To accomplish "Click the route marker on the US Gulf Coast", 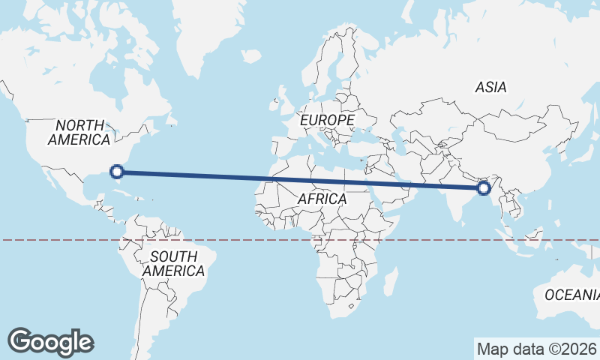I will point(117,172).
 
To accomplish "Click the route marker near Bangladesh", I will point(484,187).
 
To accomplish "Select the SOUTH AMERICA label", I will point(174,263).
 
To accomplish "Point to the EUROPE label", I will point(326,120).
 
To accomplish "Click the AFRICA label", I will point(322,199).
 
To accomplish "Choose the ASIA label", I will point(490,87).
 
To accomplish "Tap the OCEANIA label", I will point(572,295).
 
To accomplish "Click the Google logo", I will point(50,342).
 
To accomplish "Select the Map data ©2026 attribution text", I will point(536,349).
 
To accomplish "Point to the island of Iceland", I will point(251,56).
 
